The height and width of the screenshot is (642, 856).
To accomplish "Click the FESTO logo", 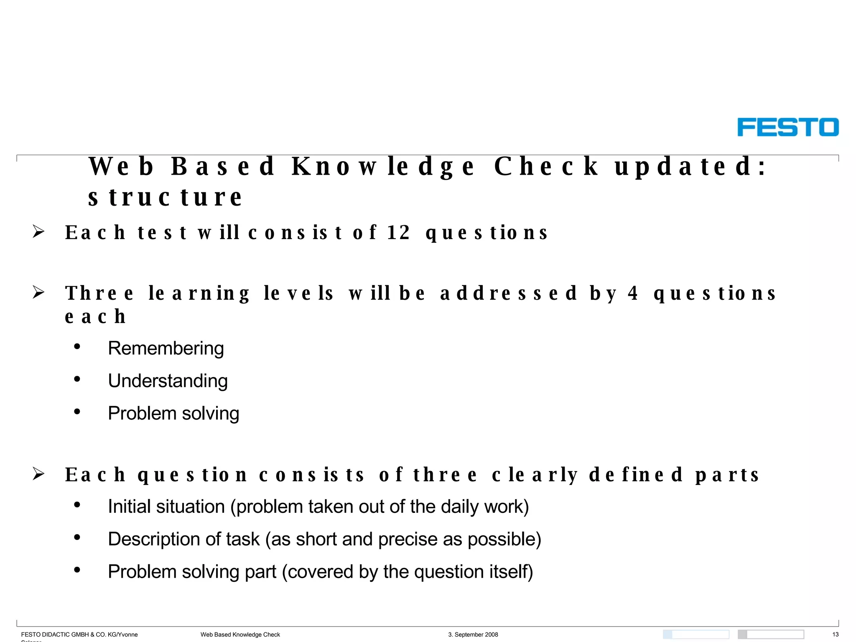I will coord(788,127).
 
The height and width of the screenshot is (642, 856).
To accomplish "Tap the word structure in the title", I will coord(165,197).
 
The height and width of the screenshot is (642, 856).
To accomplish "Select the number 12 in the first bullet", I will coord(398,233).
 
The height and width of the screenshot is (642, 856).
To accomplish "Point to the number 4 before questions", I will coord(633,293).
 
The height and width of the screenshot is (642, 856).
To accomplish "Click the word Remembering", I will coord(166,348).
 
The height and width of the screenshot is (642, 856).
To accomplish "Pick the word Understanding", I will coord(168,381).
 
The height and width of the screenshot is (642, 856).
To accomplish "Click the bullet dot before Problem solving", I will coord(77,412).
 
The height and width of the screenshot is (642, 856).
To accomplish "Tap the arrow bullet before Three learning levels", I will coord(38,292).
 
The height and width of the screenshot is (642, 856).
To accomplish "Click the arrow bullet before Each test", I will coord(38,232).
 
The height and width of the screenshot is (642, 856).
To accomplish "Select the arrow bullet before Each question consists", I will coord(38,474).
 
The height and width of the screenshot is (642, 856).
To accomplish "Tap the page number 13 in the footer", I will coord(835,634).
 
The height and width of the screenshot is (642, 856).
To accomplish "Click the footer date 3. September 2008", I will coord(473,634).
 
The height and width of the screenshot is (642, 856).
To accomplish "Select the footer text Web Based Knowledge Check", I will coord(240,634).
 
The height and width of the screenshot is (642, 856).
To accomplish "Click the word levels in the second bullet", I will coord(299,293).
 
